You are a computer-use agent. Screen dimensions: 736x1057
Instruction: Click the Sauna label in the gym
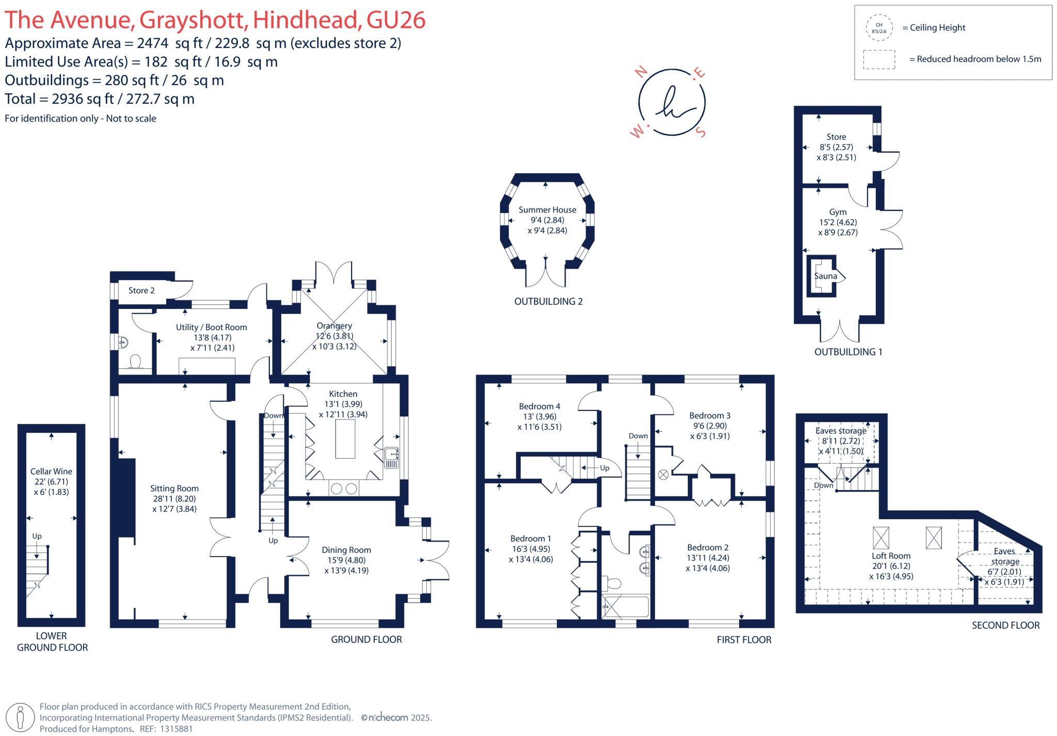[x=825, y=276]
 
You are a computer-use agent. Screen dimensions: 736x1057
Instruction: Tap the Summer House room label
[x=547, y=210]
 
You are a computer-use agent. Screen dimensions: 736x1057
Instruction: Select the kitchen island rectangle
[x=345, y=439]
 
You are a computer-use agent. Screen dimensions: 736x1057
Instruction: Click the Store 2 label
[x=141, y=290]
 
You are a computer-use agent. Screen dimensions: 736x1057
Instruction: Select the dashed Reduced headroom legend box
[x=879, y=59]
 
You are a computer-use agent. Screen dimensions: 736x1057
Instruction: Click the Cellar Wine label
[x=51, y=471]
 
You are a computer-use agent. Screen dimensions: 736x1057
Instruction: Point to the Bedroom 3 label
[x=710, y=416]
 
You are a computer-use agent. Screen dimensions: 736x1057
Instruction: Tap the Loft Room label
[x=891, y=556]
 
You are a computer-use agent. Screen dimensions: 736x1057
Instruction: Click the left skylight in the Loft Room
[x=881, y=538]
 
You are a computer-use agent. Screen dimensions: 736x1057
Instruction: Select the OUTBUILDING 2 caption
[x=548, y=302]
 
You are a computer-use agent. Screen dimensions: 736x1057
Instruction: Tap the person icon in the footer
[x=20, y=717]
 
